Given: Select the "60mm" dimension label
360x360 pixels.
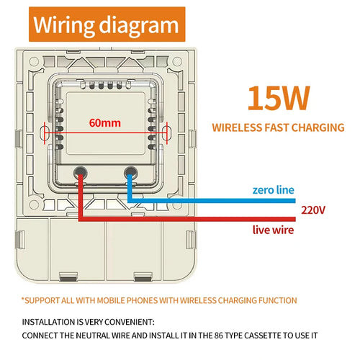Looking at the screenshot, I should tap(105, 122).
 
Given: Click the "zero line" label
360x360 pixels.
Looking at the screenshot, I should tap(273, 190).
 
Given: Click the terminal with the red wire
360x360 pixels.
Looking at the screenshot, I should tap(80, 172).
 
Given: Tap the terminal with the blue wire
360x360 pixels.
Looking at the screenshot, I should tap(130, 172).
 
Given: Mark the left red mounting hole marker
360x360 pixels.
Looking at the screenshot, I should tap(45, 132).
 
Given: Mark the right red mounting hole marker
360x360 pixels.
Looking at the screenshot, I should tap(168, 132).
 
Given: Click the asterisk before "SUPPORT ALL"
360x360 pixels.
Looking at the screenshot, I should tap(23, 299).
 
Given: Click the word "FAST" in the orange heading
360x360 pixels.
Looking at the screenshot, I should tap(277, 128).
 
